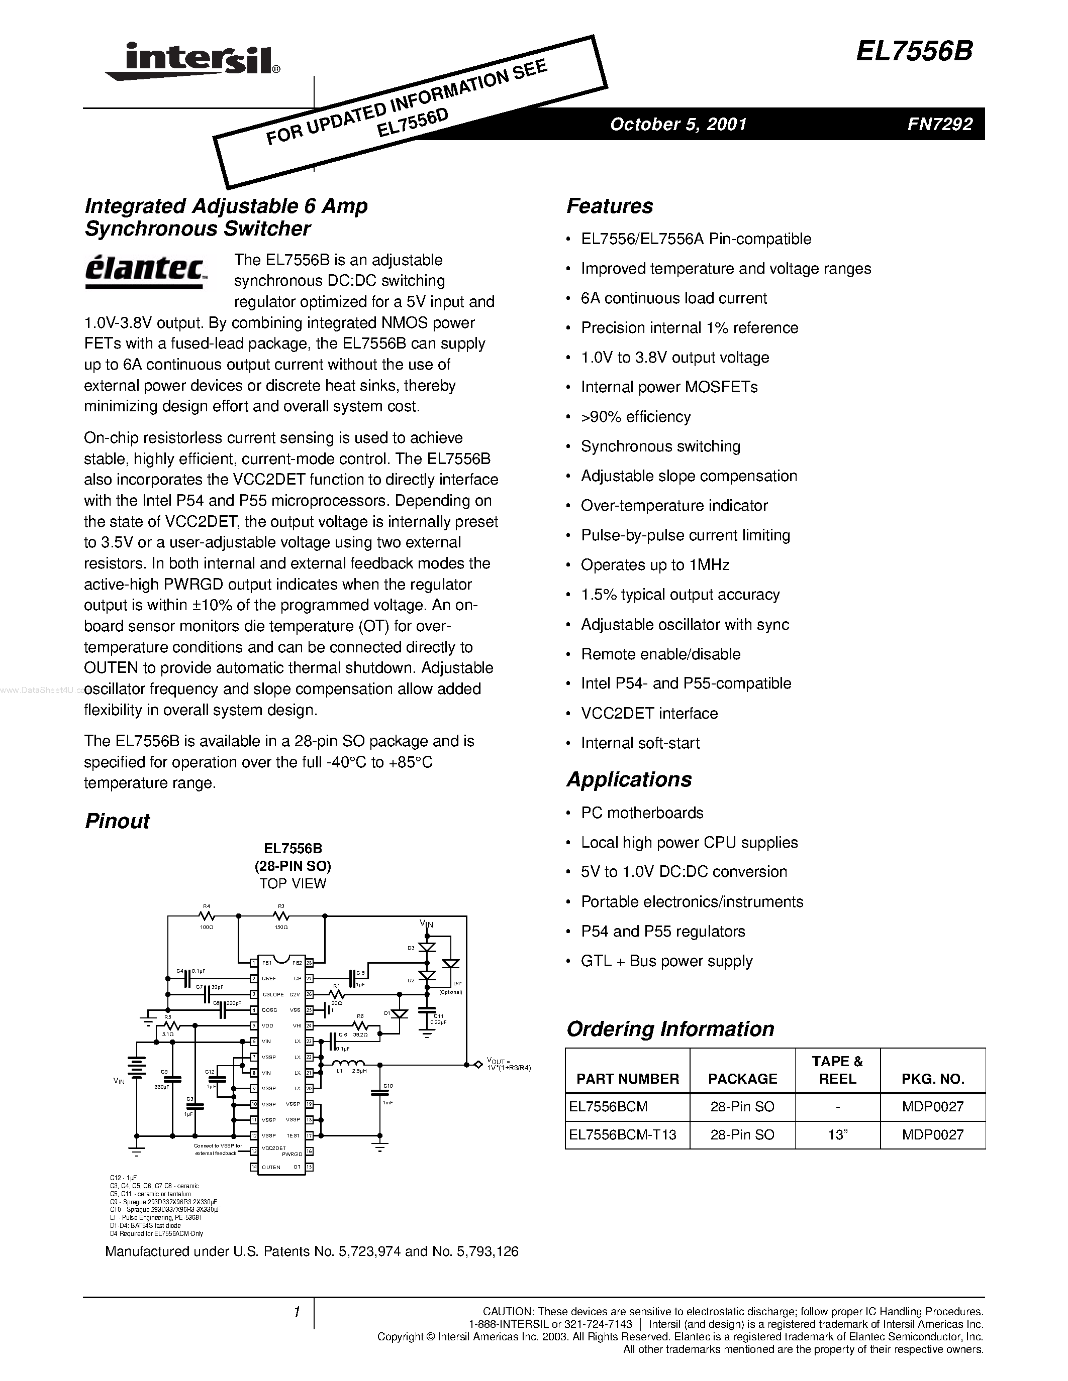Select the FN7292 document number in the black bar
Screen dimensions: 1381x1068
pos(939,124)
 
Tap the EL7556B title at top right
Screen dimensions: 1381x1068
pos(914,52)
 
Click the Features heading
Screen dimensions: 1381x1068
pos(609,206)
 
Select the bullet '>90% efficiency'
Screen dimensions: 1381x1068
pos(635,417)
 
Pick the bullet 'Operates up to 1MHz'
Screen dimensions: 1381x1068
pos(655,564)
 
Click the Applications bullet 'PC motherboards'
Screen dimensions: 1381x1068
pos(642,813)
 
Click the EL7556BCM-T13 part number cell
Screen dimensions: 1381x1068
pos(622,1134)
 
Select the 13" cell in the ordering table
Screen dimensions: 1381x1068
pos(837,1134)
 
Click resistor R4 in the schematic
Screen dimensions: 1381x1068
pos(206,915)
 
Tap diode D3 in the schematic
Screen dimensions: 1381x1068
pos(428,948)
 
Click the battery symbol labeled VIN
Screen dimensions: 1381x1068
pos(137,1066)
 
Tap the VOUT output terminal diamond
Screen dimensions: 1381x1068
pos(477,1065)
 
